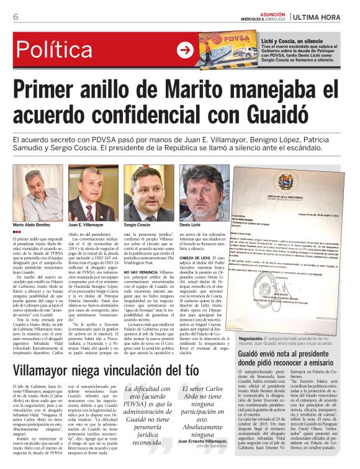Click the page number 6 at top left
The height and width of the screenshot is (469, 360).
16,17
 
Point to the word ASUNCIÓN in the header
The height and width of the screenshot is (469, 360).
268,12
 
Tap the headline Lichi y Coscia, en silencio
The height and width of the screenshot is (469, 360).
293,38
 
